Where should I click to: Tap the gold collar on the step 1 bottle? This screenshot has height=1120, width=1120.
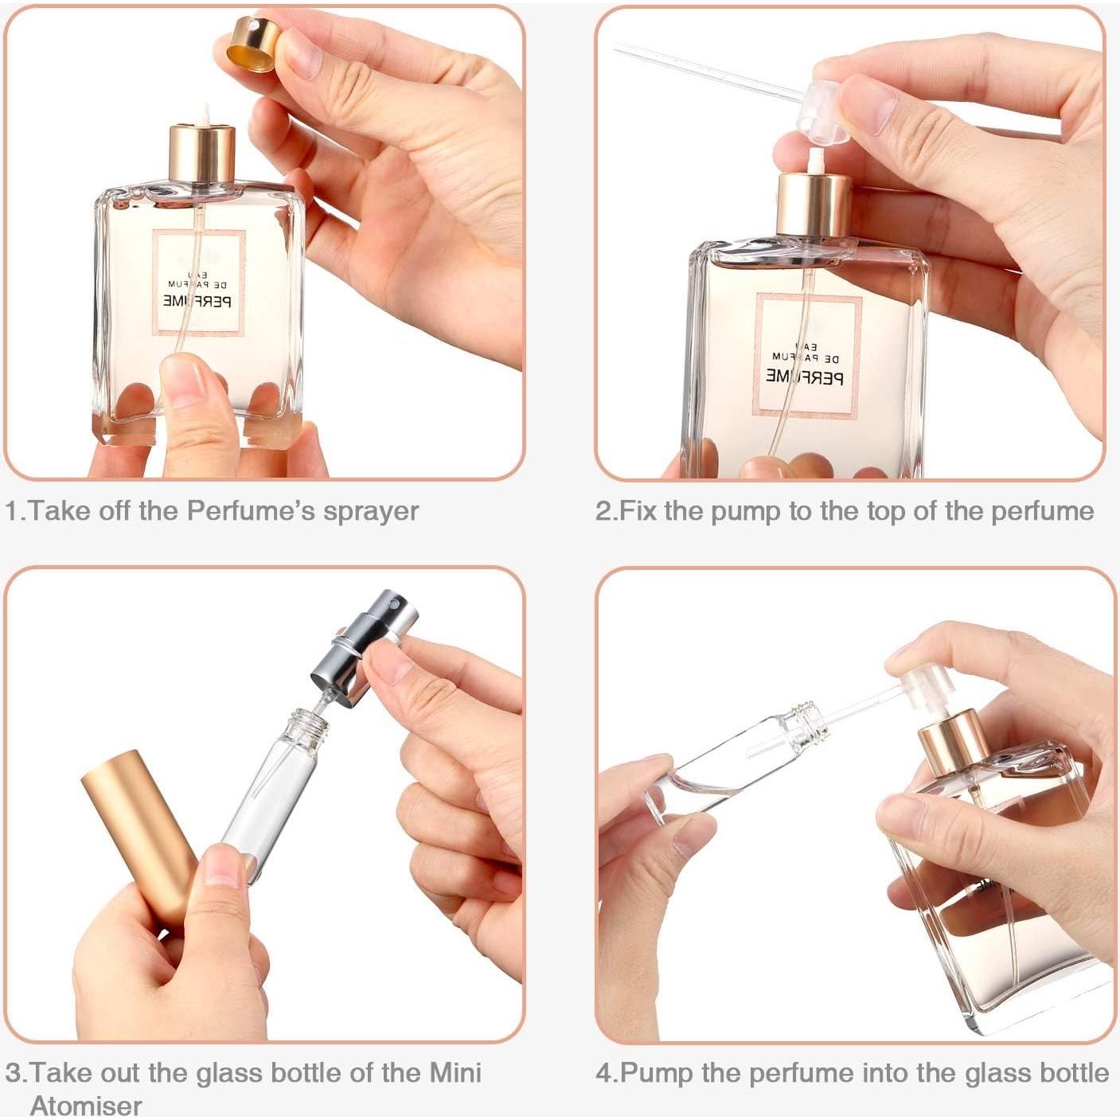click(x=202, y=154)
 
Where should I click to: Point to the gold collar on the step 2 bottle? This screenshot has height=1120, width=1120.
click(x=814, y=205)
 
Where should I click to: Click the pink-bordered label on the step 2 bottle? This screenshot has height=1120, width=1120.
click(x=806, y=355)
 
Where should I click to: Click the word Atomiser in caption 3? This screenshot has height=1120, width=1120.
click(x=86, y=1105)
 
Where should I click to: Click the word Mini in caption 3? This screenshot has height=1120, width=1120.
click(x=455, y=1073)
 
